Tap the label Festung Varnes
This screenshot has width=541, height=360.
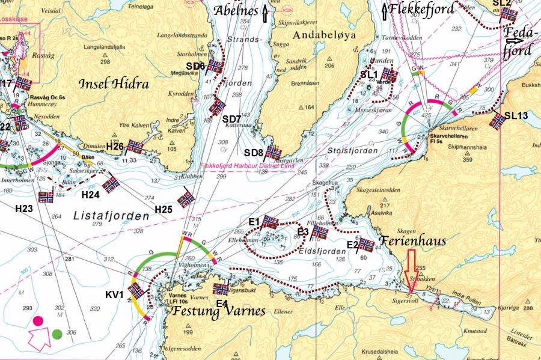[218, 311]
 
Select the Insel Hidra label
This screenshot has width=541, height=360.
[114, 85]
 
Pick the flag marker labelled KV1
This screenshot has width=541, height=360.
[137, 290]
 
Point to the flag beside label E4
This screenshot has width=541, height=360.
[221, 289]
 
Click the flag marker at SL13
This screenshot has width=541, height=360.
[497, 121]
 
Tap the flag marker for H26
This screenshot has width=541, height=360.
[135, 146]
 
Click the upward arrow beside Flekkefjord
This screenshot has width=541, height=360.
[385, 10]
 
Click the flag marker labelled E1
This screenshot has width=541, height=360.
[270, 222]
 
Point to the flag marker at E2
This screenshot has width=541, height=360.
[366, 244]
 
